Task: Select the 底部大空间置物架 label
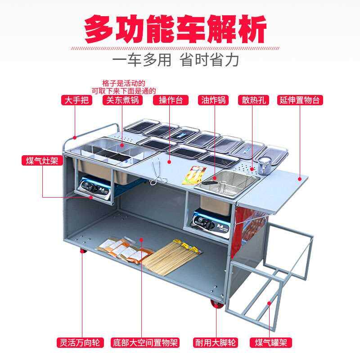pos(145,343)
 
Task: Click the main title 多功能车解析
pos(176,29)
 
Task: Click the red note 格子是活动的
pos(123,83)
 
